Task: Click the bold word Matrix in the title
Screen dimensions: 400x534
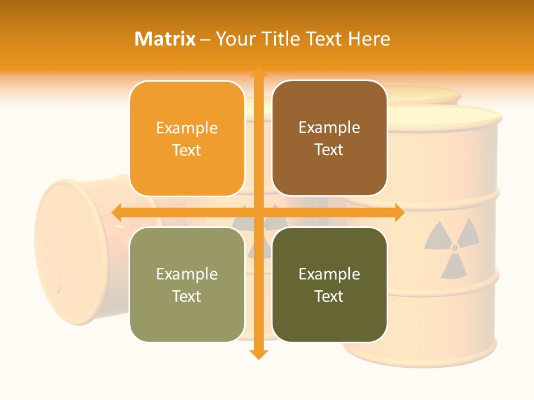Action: (x=165, y=39)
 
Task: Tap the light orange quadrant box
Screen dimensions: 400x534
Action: (x=187, y=138)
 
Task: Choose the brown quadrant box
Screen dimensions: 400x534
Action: (x=329, y=138)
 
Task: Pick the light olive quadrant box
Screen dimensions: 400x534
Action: (x=187, y=284)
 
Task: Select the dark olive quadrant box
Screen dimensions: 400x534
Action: (x=329, y=284)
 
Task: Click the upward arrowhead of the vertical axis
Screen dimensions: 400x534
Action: (x=258, y=72)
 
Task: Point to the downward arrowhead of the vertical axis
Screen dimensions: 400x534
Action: (x=258, y=354)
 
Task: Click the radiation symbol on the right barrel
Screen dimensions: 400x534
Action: (x=452, y=247)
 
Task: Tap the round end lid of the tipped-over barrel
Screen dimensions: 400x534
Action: (x=64, y=239)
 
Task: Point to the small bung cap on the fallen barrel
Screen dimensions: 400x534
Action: (x=55, y=283)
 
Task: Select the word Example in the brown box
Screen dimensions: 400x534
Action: (x=329, y=127)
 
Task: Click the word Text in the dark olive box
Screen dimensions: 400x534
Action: (x=329, y=296)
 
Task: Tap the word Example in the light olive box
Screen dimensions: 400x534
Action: (x=187, y=274)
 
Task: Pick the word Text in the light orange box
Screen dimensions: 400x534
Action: (x=187, y=150)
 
